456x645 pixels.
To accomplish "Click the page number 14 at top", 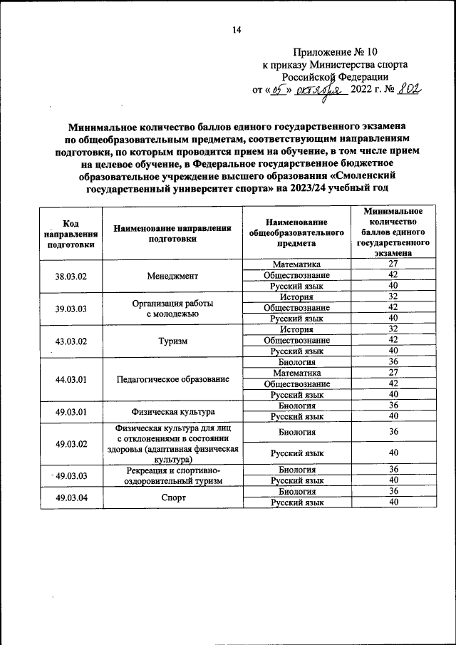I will click(237, 29).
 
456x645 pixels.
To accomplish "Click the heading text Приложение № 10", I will click(334, 52).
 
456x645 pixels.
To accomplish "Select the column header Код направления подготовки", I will click(71, 232).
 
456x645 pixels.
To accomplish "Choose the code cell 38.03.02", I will click(71, 276).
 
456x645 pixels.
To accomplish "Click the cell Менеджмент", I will click(172, 276).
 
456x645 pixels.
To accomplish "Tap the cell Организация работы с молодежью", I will click(172, 308).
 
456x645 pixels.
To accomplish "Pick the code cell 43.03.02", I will click(71, 341).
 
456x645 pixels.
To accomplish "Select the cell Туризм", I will click(172, 341).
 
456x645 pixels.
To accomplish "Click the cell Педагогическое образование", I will click(172, 378).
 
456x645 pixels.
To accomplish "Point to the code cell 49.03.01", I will click(71, 411).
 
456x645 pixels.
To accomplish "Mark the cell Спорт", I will click(172, 497).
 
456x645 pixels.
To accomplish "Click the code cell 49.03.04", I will click(71, 497).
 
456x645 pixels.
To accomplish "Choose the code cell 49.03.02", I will click(71, 444).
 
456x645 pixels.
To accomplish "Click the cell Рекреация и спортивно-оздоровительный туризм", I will click(172, 476).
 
